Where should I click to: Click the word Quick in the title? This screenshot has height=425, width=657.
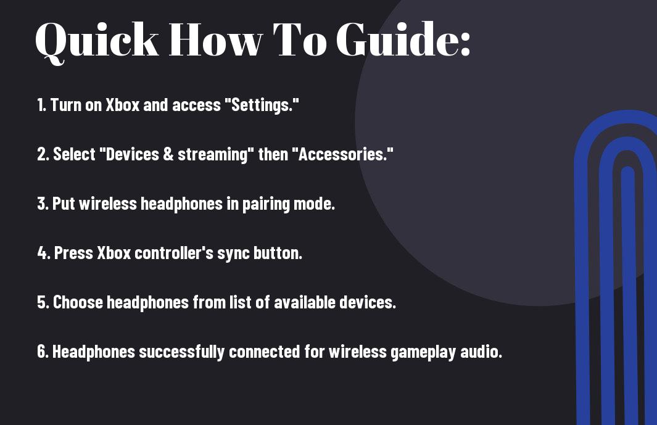[97, 41]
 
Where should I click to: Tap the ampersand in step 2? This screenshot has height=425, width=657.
[168, 154]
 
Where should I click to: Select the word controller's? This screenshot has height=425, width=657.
[174, 253]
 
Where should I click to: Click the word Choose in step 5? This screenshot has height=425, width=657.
[78, 302]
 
